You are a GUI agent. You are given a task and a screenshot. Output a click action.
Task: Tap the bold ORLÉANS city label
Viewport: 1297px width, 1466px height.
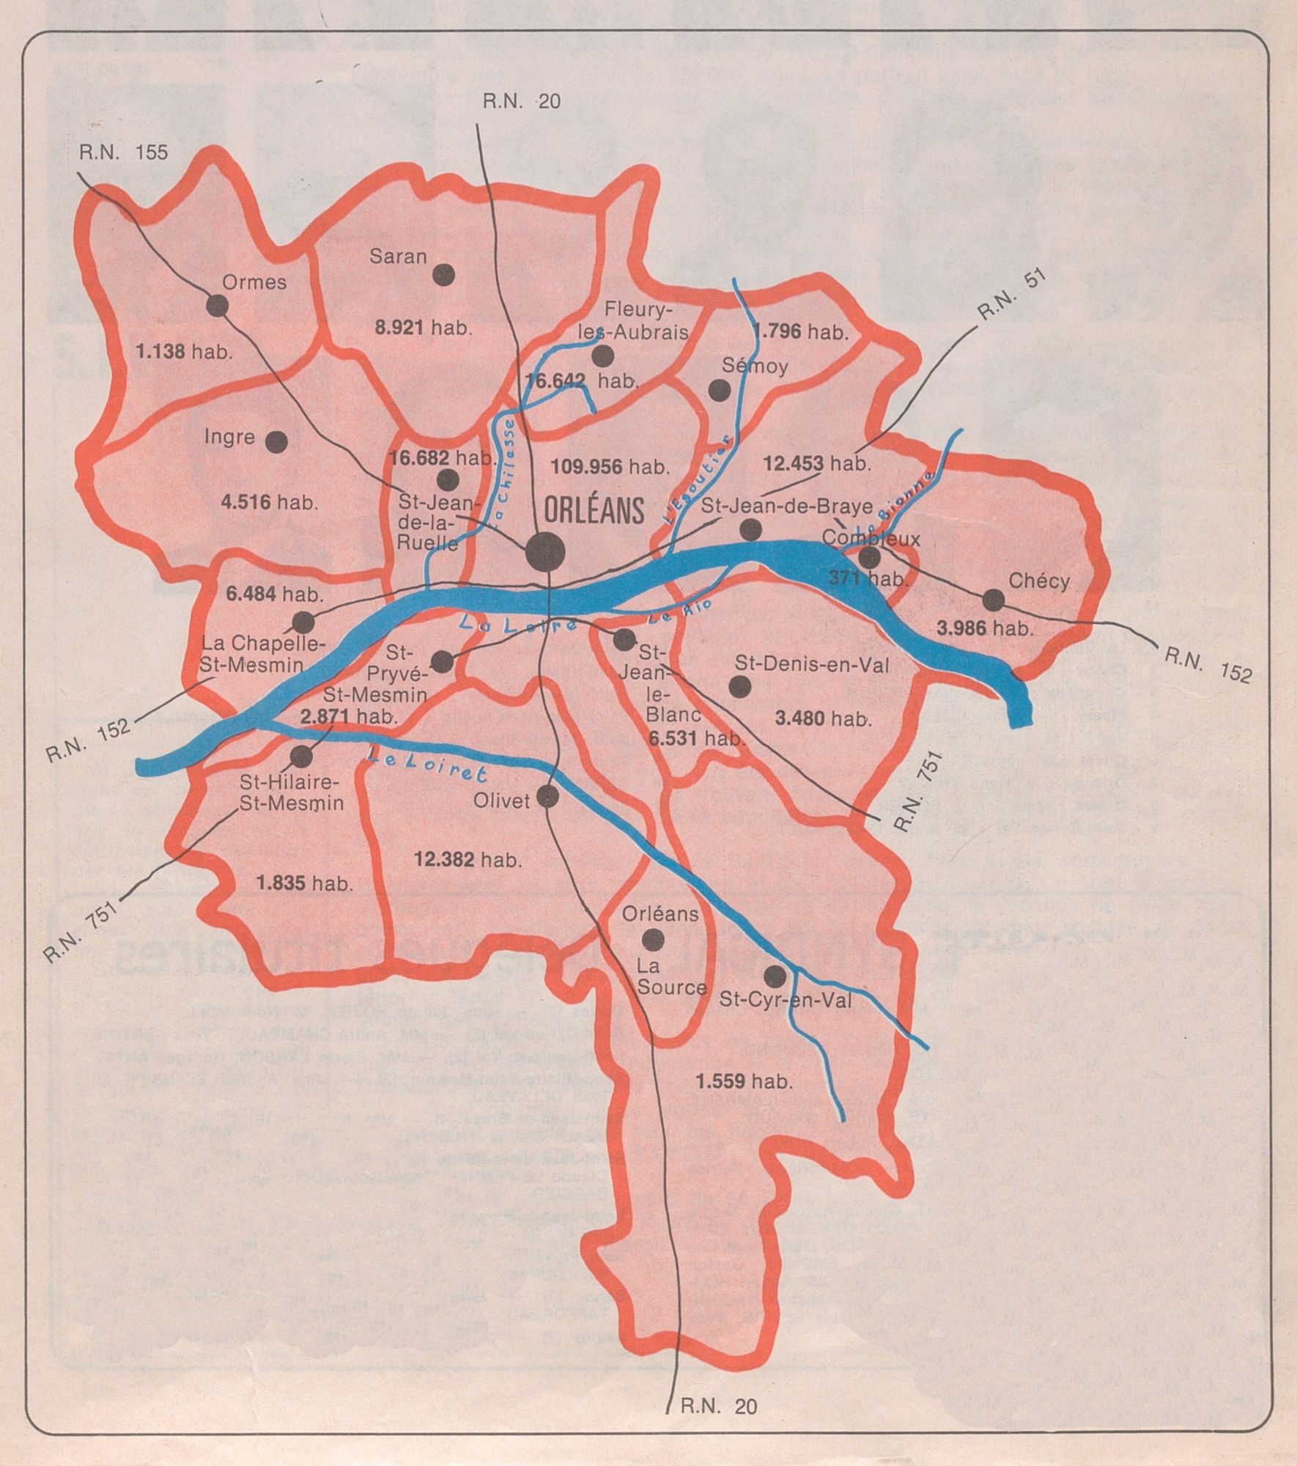(594, 509)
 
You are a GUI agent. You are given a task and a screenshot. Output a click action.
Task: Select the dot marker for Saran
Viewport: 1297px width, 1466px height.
(443, 275)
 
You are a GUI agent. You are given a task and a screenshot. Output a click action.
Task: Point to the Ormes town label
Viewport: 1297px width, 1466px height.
(254, 281)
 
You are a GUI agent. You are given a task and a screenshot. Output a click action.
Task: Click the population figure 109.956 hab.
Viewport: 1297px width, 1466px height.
(610, 465)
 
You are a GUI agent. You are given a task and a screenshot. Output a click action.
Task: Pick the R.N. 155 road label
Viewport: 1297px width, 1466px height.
(124, 152)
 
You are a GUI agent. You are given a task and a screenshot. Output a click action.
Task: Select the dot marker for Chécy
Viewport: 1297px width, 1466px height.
(993, 600)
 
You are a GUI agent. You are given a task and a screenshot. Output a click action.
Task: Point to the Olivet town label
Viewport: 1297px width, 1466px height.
(502, 800)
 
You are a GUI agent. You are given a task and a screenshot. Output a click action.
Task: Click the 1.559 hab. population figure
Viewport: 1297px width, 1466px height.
(744, 1080)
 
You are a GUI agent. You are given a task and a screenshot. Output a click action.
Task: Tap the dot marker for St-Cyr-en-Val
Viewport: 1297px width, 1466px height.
(775, 976)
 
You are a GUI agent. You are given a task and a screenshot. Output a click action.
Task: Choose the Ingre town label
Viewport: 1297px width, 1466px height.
(230, 438)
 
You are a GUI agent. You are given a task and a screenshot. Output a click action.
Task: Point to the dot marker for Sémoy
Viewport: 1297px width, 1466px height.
(720, 390)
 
